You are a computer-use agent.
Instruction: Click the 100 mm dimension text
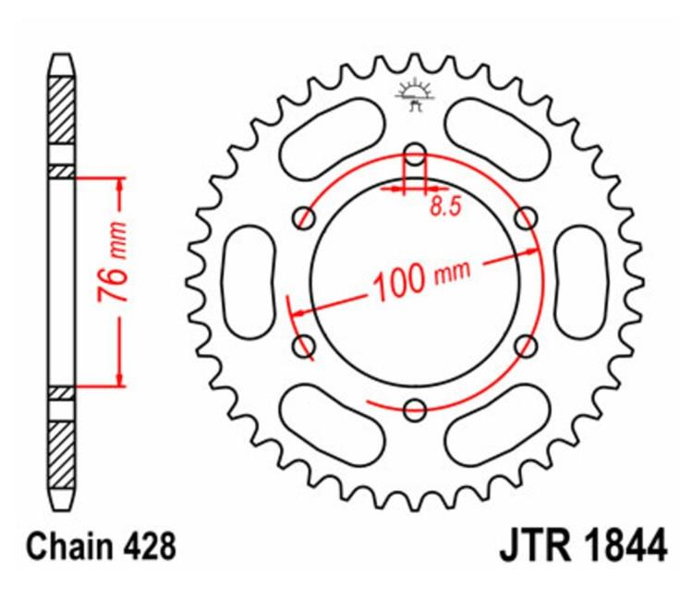(x=422, y=279)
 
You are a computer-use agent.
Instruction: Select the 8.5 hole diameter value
(x=445, y=206)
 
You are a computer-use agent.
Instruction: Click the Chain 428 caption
(x=102, y=546)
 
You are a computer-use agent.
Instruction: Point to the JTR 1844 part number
(x=583, y=546)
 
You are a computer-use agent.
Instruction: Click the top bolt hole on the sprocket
(x=415, y=154)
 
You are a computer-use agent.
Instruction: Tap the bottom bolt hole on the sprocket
(x=415, y=410)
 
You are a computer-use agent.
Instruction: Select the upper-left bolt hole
(x=304, y=218)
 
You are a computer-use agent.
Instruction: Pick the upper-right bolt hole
(x=527, y=218)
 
